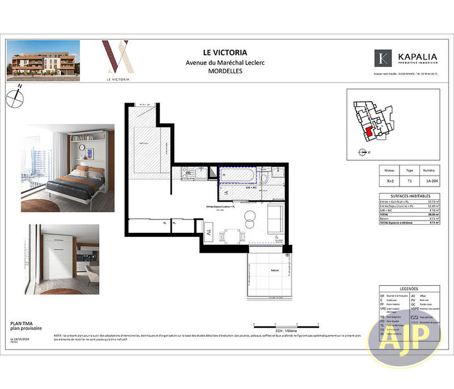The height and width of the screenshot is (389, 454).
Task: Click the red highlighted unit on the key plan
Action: pos(368,131)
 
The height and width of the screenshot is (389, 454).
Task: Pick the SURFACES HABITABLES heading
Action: pos(409,196)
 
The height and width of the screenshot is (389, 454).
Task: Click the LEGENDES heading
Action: pos(409,288)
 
